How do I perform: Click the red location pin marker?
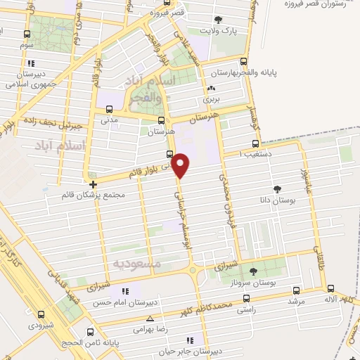click(181, 164)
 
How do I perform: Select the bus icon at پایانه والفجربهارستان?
click(244, 60)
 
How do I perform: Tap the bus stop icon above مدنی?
click(108, 109)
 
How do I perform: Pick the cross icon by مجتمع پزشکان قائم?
click(93, 184)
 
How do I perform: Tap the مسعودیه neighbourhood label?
click(136, 263)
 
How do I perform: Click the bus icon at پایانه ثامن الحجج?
click(88, 332)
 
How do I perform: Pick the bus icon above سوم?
click(27, 34)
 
